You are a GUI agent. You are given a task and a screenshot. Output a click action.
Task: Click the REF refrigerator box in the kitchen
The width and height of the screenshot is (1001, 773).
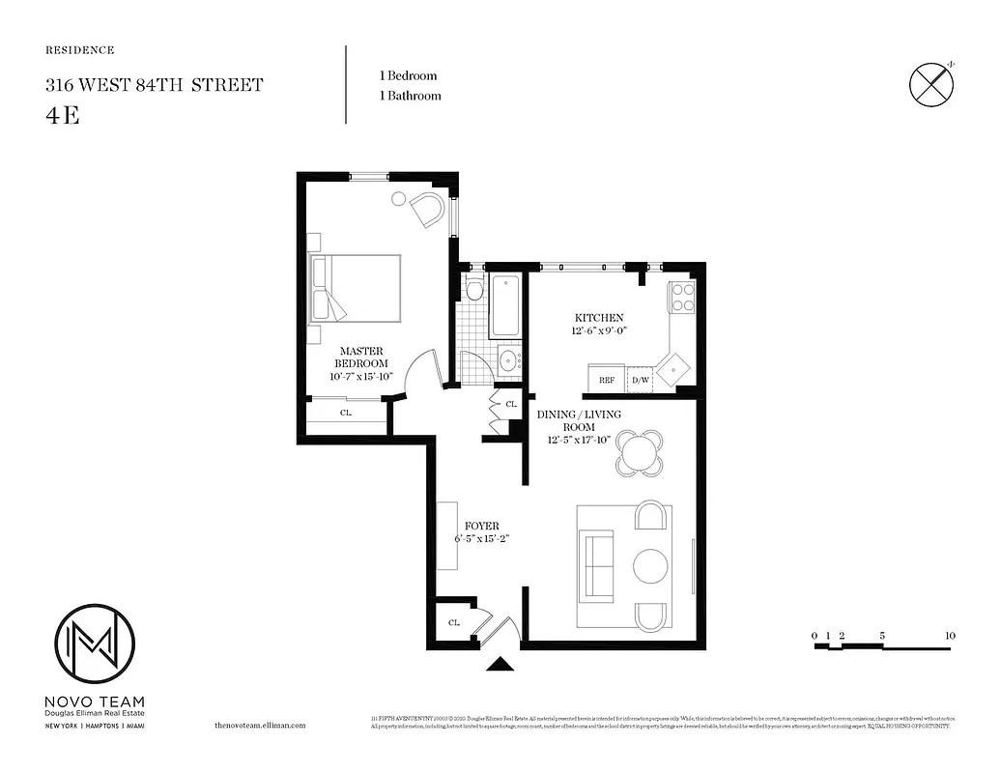[607, 380]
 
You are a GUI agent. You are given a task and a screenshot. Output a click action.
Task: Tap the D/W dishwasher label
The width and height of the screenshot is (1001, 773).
[640, 380]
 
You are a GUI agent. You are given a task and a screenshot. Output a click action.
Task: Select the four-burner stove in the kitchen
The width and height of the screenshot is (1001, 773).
[683, 297]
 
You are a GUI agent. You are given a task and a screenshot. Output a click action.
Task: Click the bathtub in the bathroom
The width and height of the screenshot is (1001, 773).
[505, 306]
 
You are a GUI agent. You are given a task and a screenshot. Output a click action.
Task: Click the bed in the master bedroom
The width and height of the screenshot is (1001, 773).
[356, 288]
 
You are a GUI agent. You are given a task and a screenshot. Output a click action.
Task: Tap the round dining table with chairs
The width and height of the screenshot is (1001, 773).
[641, 451]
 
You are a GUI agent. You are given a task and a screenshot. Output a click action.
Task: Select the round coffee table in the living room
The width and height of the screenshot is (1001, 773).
[650, 565]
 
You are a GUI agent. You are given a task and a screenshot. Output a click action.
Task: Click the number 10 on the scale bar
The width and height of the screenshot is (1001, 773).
[951, 636]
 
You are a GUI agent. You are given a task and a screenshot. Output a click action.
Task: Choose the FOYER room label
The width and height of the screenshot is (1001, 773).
[482, 527]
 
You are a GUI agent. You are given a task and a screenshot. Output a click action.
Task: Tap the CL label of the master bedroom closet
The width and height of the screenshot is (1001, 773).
[345, 413]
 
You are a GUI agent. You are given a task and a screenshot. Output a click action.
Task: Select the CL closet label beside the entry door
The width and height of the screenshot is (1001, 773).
[453, 623]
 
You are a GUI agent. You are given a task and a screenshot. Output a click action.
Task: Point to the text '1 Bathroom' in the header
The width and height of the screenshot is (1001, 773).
[410, 96]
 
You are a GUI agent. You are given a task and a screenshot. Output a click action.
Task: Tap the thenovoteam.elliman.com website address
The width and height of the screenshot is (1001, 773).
[259, 725]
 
